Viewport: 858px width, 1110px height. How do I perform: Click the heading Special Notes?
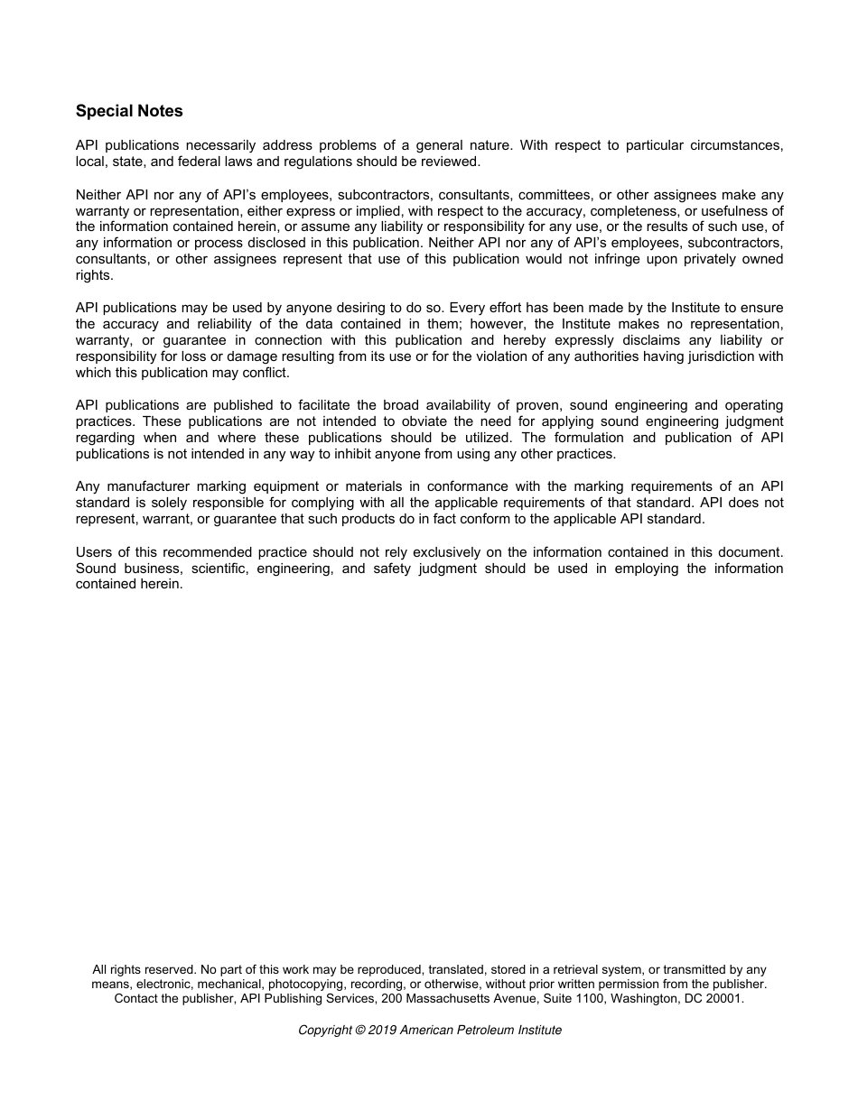pyautogui.click(x=129, y=111)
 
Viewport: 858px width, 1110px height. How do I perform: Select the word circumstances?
pyautogui.click(x=739, y=146)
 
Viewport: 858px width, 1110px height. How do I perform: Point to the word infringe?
pyautogui.click(x=609, y=260)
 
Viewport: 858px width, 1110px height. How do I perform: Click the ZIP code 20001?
pyautogui.click(x=723, y=999)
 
